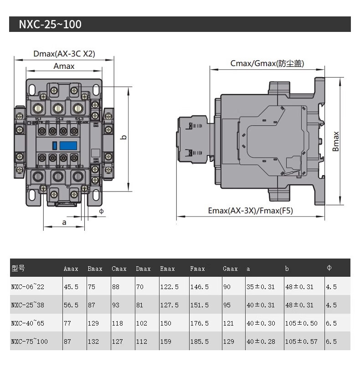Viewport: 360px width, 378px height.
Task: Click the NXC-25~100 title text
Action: point(50,24)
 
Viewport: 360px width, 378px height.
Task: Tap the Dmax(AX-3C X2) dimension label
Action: point(64,54)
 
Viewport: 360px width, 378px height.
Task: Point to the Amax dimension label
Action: point(64,66)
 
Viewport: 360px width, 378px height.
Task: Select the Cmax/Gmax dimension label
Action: point(267,63)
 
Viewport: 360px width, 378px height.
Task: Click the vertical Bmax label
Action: point(336,142)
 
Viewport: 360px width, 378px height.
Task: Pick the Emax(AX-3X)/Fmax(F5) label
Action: point(250,211)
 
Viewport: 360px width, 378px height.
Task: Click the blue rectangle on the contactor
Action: point(68,145)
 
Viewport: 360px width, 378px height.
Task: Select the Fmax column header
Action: point(197,269)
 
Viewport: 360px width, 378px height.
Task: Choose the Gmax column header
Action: point(230,269)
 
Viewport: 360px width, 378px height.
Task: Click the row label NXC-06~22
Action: point(28,287)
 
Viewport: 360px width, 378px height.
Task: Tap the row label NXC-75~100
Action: point(29,341)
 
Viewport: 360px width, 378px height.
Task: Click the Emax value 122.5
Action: point(169,287)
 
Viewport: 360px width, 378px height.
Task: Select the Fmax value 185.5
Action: point(200,341)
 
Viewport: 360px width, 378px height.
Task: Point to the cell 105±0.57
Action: point(302,341)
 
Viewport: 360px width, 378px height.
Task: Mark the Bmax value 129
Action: point(93,323)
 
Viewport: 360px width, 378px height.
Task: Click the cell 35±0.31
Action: point(261,287)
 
